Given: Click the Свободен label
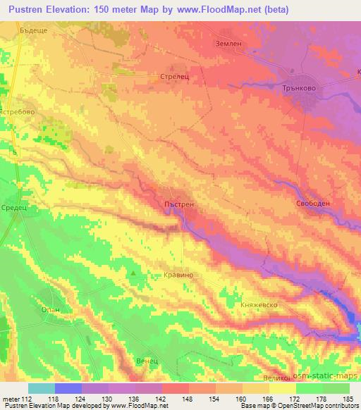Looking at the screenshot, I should click(x=312, y=203).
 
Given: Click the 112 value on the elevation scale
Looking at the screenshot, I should click(x=26, y=401).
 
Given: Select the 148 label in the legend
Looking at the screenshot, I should click(x=189, y=401).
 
